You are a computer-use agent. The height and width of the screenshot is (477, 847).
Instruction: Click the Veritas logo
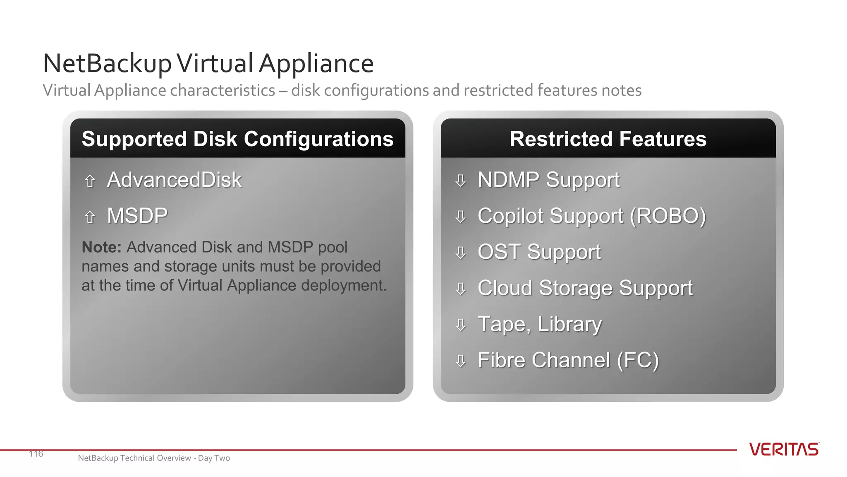point(784,449)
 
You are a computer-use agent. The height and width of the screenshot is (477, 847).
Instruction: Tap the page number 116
point(36,454)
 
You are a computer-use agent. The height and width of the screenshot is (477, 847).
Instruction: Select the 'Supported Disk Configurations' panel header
point(237,139)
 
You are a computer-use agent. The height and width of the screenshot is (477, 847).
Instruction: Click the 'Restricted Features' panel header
point(608,139)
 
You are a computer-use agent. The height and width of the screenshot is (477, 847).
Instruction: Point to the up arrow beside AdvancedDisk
point(90,181)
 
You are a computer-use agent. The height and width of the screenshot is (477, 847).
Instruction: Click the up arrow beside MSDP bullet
point(90,217)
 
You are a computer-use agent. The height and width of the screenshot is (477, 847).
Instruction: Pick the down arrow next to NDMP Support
point(460,181)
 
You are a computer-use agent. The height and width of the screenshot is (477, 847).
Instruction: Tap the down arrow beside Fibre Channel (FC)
point(460,361)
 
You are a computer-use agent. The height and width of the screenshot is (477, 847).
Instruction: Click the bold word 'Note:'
point(101,247)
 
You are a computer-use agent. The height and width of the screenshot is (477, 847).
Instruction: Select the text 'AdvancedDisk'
point(174,180)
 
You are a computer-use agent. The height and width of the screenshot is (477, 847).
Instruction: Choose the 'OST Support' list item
point(539,252)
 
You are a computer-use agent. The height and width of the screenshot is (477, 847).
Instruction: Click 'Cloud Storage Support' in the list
point(585,288)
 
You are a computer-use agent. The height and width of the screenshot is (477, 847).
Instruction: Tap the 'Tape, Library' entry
point(539,324)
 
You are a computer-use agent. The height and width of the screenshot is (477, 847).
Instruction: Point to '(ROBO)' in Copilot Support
point(668,216)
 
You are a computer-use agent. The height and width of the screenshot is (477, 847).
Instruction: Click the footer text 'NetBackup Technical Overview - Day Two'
point(154,458)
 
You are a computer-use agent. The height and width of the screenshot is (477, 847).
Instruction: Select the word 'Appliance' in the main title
point(316,64)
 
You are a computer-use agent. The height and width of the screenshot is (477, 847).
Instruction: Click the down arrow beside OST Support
point(460,253)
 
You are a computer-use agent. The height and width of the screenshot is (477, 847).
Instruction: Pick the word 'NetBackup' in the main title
point(107,64)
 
